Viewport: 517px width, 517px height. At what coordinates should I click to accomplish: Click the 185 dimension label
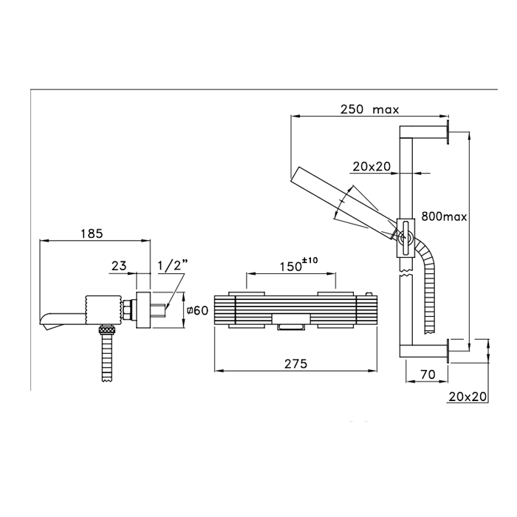tap(92, 233)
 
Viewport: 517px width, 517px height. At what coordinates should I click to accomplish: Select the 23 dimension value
tap(119, 265)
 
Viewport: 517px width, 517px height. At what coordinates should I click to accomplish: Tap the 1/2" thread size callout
tap(172, 264)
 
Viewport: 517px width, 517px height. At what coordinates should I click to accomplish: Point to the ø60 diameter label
tap(197, 310)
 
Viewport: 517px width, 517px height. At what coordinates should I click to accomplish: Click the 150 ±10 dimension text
tap(298, 264)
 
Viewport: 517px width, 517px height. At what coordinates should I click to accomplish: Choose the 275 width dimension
tap(295, 363)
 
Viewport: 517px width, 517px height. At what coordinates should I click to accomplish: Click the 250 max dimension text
tap(369, 109)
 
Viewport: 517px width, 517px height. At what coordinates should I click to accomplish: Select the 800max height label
tap(444, 216)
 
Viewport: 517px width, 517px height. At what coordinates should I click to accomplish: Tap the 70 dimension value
tap(428, 374)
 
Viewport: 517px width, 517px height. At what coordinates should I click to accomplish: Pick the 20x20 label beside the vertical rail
tap(372, 166)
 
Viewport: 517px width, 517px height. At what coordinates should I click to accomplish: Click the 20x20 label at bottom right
tap(468, 397)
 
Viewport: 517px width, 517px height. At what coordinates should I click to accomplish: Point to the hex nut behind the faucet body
tap(127, 310)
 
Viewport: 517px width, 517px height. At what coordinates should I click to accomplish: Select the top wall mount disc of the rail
tap(448, 132)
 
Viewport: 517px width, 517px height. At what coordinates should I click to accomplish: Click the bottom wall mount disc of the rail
tap(448, 351)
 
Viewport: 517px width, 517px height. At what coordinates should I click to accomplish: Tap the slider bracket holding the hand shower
tap(405, 238)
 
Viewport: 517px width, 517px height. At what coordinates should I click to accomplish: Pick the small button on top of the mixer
tap(369, 294)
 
